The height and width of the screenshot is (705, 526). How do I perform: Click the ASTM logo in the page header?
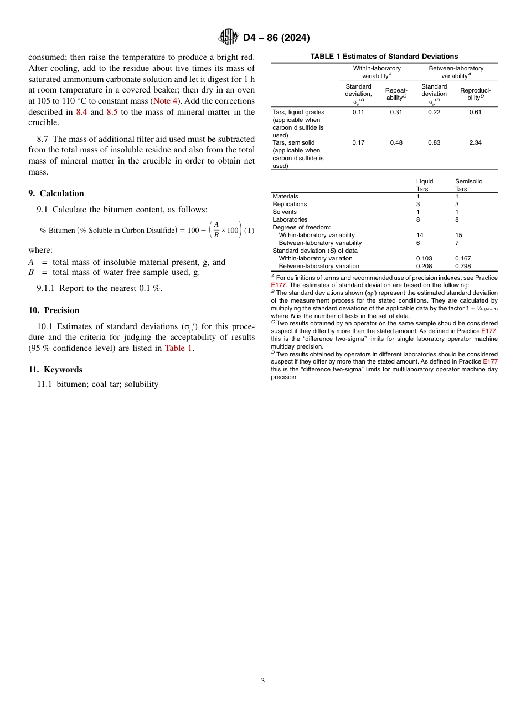click(x=229, y=37)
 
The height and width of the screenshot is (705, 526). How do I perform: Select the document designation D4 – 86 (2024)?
click(x=276, y=38)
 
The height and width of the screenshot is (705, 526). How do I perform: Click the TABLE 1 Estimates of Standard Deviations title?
click(x=384, y=57)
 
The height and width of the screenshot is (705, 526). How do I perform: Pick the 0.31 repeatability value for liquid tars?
click(x=396, y=112)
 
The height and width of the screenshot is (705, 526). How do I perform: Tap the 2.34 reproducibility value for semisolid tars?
click(x=475, y=142)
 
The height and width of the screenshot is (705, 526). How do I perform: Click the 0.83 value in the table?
click(x=434, y=142)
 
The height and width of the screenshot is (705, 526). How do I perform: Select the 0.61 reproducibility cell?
click(x=475, y=112)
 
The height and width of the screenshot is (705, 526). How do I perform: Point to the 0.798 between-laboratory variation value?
click(x=463, y=266)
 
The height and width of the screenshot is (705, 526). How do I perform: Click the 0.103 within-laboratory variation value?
click(x=424, y=258)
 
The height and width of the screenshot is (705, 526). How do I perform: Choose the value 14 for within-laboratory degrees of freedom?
click(x=420, y=235)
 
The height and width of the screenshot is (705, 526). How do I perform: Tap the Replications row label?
click(x=290, y=204)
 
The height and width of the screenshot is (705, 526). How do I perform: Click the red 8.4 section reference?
click(x=81, y=111)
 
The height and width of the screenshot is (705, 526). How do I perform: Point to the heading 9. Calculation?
click(x=56, y=193)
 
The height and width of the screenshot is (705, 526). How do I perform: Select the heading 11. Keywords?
click(x=55, y=370)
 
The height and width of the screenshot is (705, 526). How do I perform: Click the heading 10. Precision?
click(x=54, y=310)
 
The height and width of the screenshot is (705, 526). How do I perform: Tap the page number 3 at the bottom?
click(x=262, y=681)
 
